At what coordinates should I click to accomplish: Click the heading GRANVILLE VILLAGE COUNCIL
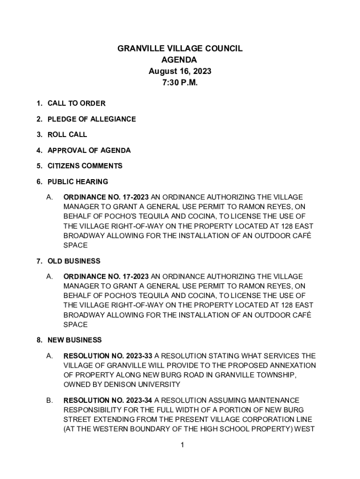click(180, 49)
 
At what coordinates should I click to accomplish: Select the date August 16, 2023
click(180, 72)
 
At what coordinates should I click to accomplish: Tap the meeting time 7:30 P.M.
click(180, 83)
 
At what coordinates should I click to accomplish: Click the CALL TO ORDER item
click(76, 103)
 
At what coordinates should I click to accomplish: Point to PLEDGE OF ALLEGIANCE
click(92, 119)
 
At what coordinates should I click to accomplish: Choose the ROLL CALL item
click(67, 135)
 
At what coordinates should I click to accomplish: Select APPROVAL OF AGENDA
click(89, 150)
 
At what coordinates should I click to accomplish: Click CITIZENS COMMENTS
click(85, 166)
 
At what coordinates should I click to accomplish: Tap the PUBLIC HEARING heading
click(78, 181)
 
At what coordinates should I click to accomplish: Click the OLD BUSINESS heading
click(74, 261)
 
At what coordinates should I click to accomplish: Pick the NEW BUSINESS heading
click(74, 340)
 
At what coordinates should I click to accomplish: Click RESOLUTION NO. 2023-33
click(108, 356)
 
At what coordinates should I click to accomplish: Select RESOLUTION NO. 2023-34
click(108, 400)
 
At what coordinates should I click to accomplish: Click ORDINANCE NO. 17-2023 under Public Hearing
click(106, 197)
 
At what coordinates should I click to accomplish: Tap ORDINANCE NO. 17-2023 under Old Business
click(106, 276)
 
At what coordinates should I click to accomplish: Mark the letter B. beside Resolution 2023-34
click(49, 400)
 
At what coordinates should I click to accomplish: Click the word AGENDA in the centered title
click(180, 60)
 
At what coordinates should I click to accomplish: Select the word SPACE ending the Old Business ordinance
click(75, 324)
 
